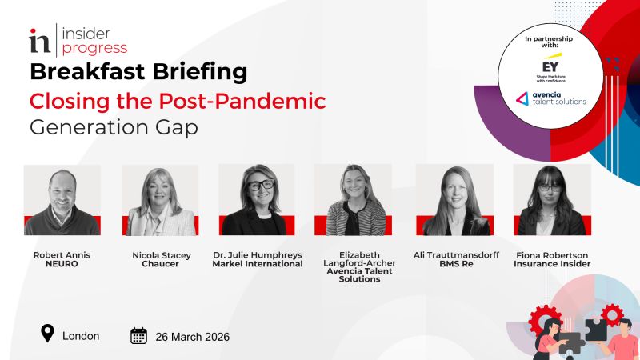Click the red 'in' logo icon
pyautogui.click(x=39, y=40)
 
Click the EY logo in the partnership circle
pyautogui.click(x=550, y=66)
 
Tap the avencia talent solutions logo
pyautogui.click(x=550, y=98)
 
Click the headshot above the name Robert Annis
pyautogui.click(x=62, y=200)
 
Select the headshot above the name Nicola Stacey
pyautogui.click(x=160, y=200)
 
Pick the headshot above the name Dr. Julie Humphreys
pyautogui.click(x=257, y=200)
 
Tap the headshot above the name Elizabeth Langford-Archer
pyautogui.click(x=353, y=200)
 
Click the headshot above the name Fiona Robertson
pyautogui.click(x=552, y=200)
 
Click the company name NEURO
pyautogui.click(x=62, y=264)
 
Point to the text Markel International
pyautogui.click(x=256, y=264)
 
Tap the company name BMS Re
pyautogui.click(x=453, y=264)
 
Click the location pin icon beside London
pyautogui.click(x=48, y=334)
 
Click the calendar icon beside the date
pyautogui.click(x=139, y=336)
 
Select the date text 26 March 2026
pyautogui.click(x=193, y=337)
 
